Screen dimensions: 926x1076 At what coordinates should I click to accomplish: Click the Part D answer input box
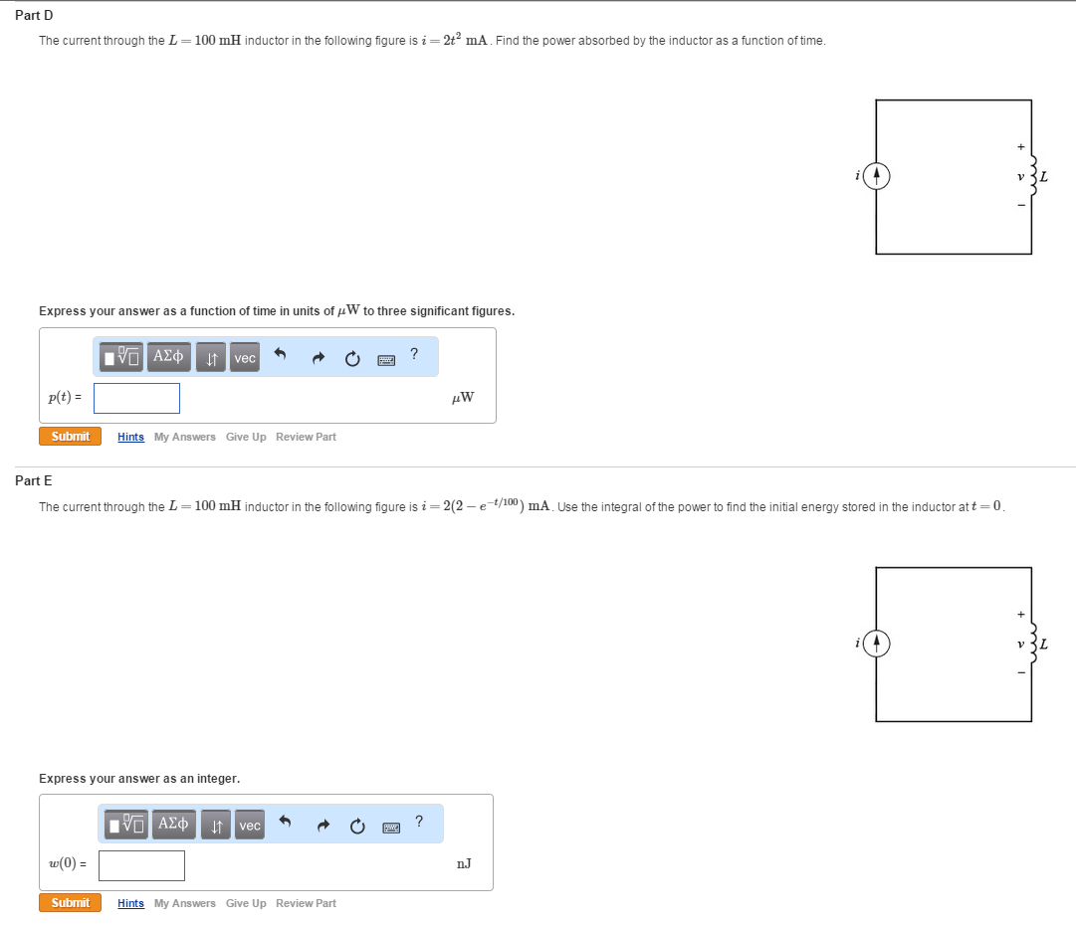pos(137,398)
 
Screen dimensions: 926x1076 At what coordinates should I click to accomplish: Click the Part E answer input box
pos(141,865)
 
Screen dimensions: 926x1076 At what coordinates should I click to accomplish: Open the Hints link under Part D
pos(130,437)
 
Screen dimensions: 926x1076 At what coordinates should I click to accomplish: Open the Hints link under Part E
pos(130,903)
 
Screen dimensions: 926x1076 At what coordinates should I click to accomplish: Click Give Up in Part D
pos(246,437)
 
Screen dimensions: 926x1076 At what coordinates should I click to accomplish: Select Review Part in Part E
pos(306,903)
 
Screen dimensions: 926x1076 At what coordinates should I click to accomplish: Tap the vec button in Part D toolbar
pos(245,358)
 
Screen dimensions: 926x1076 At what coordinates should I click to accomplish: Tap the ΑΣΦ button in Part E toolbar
pos(173,825)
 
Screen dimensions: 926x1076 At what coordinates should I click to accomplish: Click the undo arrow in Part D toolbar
pos(280,355)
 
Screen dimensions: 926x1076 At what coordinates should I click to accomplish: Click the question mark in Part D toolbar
pos(414,354)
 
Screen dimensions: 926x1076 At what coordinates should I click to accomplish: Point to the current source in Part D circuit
pos(876,177)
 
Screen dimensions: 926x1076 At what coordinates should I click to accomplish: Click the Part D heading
pos(34,15)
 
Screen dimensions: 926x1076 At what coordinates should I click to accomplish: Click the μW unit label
pos(462,398)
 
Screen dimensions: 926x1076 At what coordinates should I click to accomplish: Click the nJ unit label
pos(464,864)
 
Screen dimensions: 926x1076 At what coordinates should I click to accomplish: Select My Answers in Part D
pos(184,437)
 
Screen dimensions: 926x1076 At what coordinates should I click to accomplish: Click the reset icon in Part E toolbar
pos(356,826)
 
